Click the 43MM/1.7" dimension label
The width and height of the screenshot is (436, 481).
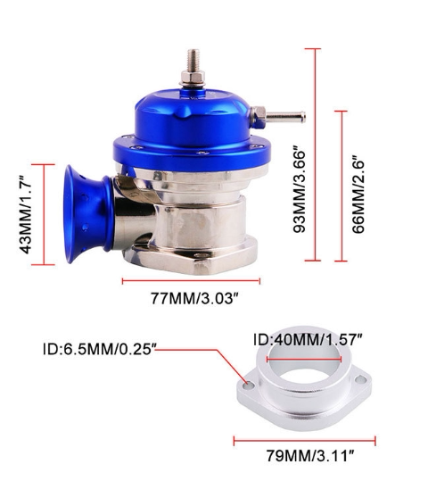26,215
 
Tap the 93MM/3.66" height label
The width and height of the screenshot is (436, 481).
300,189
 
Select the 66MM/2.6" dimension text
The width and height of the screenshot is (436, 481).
358,195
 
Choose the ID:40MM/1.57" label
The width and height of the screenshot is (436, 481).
308,340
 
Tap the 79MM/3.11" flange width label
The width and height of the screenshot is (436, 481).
310,455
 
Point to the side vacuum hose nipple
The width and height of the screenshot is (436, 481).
285,116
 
